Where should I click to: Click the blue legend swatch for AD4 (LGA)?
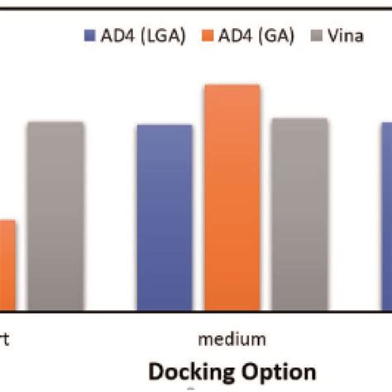87,35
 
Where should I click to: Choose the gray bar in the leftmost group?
55,215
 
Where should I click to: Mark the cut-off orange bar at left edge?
7,265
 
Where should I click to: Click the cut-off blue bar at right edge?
386,215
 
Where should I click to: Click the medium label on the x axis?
232,338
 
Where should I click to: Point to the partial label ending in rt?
5,338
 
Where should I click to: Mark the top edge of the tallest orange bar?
232,85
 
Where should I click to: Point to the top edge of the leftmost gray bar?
55,122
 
